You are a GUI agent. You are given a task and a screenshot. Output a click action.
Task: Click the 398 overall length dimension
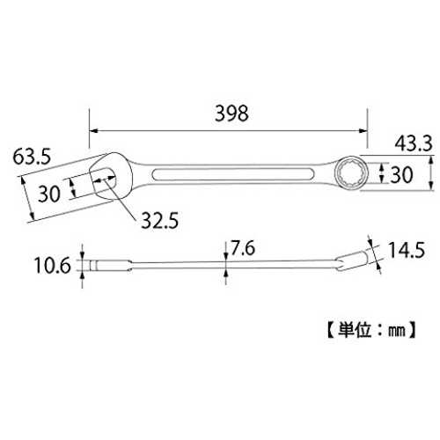coord(231,114)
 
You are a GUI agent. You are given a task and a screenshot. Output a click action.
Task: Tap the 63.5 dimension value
coord(32,157)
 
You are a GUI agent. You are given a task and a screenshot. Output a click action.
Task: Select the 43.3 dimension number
coord(414,143)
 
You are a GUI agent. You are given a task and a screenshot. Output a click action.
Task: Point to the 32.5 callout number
coord(160,220)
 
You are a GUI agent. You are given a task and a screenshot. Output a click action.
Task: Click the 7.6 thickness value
coord(243,248)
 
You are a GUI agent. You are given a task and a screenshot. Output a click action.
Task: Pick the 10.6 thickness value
coord(53,266)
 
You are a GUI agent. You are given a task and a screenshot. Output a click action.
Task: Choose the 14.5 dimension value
coord(407,250)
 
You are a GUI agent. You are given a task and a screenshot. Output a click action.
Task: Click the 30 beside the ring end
coord(401,175)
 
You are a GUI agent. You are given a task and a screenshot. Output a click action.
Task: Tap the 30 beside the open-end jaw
coord(49,194)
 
